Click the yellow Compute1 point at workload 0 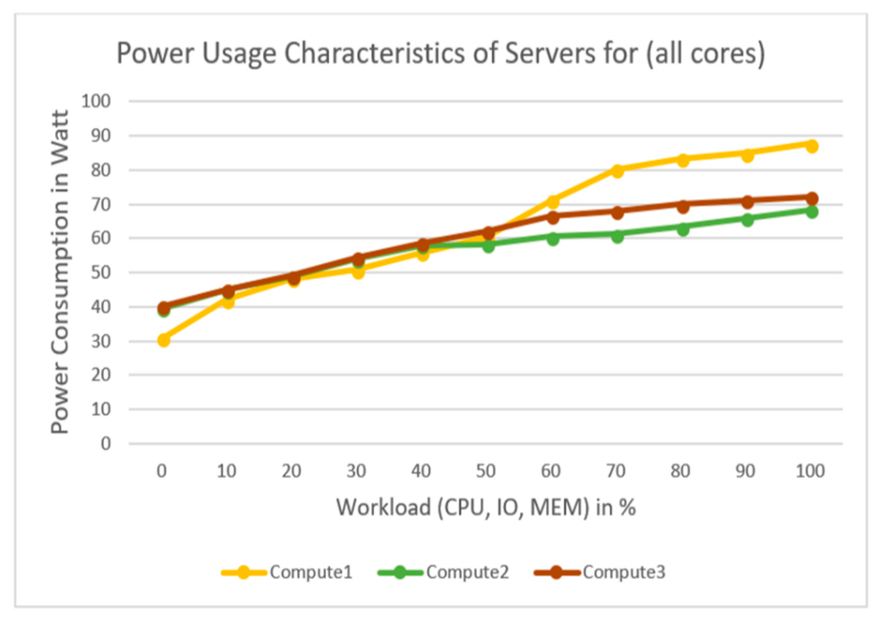[164, 340]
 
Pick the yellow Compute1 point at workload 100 [812, 146]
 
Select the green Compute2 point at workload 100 [812, 212]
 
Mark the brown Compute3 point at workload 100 [812, 199]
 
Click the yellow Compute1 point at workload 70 [617, 171]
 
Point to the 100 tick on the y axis [96, 102]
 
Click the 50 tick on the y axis [100, 273]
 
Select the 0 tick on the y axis [106, 444]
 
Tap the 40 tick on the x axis [421, 471]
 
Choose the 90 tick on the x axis [745, 471]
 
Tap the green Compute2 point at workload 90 [747, 220]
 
